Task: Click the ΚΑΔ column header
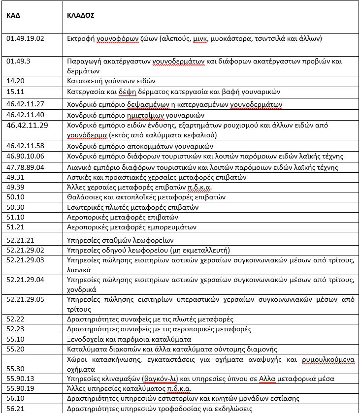tap(13, 15)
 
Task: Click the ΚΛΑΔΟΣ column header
tap(81, 15)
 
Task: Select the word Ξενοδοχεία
tap(84, 339)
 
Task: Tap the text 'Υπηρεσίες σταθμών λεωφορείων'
tap(113, 240)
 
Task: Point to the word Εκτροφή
tap(79, 38)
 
